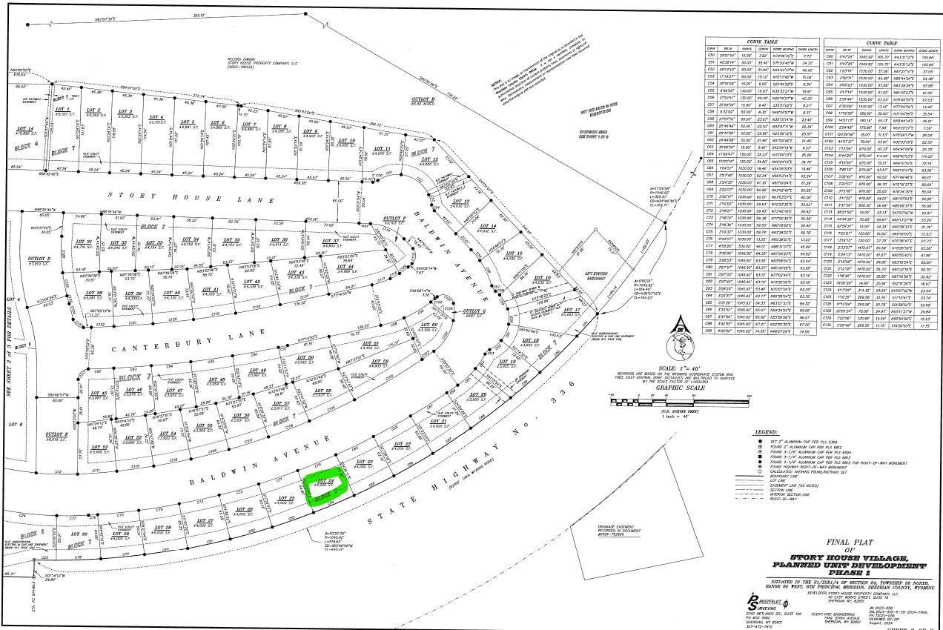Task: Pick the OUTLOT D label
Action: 39,259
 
